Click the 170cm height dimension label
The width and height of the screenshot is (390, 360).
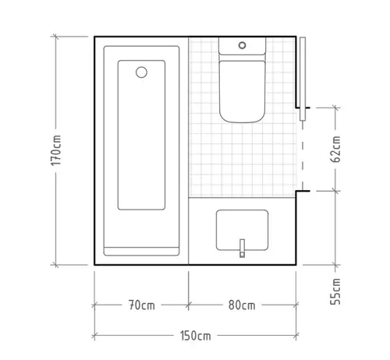[56, 150]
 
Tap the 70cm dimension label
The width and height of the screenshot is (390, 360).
[142, 305]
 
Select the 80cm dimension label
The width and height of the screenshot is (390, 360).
[242, 305]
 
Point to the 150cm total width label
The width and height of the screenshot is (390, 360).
[196, 336]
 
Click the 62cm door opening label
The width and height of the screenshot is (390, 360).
[335, 149]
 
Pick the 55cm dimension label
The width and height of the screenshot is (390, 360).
[335, 291]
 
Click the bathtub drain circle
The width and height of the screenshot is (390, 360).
[141, 72]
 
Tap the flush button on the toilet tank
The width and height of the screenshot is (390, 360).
[242, 45]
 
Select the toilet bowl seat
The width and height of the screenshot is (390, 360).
[242, 91]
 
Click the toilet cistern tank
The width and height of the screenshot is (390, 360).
[242, 46]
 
